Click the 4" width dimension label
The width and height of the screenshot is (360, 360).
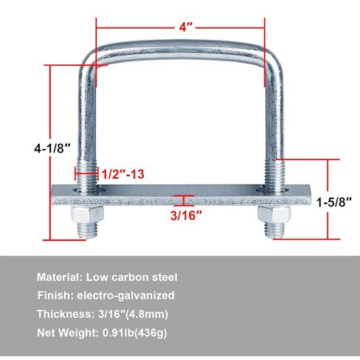coord(185,27)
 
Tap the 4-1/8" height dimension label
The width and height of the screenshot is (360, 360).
coord(52,148)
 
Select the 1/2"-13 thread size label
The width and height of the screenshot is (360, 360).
coord(122,174)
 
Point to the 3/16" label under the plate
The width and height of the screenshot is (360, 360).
coord(186,215)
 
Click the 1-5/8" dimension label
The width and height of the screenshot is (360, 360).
coord(334,202)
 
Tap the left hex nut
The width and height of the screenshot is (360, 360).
coord(87,215)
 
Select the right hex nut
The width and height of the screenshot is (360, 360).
coord(274,215)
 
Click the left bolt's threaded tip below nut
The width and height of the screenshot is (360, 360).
coord(87,230)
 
